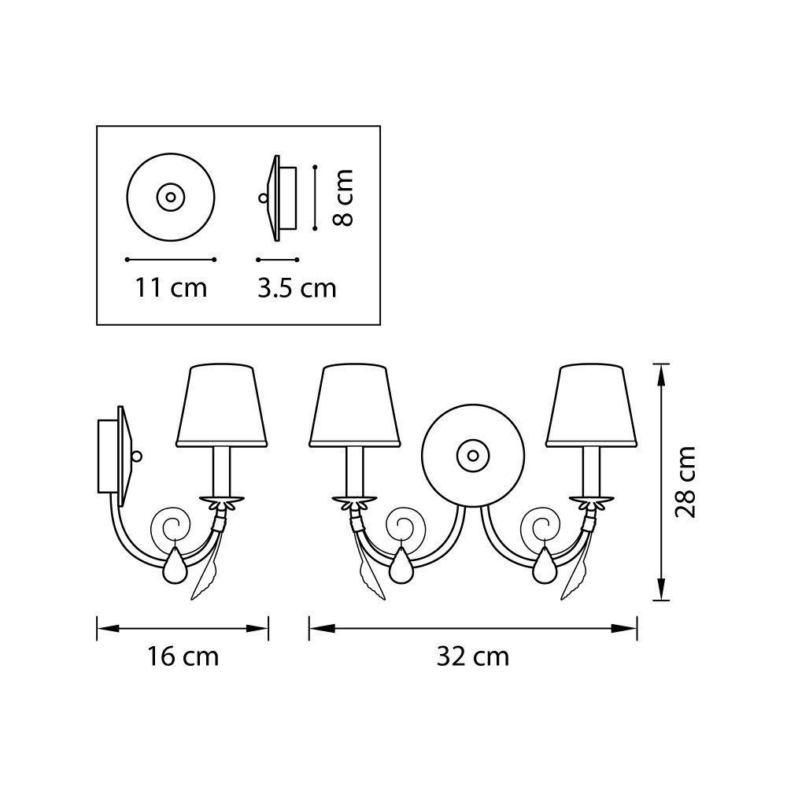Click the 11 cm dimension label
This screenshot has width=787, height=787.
pos(171,288)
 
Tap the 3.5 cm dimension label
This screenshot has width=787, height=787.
pos(297,288)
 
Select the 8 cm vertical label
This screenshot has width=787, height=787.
pos(344,198)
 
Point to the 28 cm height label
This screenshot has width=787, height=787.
pos(685,482)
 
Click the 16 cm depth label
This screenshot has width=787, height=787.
pos(183,656)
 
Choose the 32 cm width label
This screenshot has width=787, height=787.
pos(473,656)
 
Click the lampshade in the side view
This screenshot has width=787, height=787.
pos(221,406)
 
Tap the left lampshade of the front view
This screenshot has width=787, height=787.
pos(356,406)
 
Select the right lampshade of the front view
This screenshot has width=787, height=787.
pos(592,406)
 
